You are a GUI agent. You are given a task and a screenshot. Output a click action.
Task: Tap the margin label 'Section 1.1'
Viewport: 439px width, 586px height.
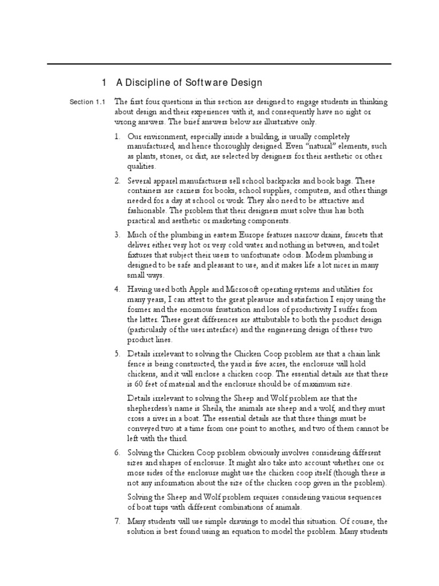tap(87, 102)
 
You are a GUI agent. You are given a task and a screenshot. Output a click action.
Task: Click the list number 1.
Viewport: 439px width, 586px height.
tap(117, 137)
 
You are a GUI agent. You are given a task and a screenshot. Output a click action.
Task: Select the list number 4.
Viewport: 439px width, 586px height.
tap(117, 290)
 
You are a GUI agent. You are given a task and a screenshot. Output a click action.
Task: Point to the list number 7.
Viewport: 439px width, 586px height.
tap(117, 521)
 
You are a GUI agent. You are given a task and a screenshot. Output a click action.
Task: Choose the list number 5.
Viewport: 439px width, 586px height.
tap(117, 354)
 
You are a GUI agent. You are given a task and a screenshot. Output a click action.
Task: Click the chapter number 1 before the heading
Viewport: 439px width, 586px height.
tap(105, 83)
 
